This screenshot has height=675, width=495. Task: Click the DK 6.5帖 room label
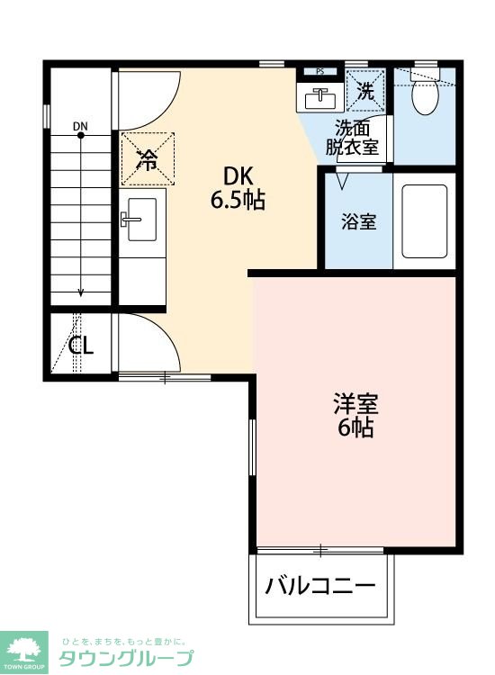238,187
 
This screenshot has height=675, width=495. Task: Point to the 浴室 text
358,221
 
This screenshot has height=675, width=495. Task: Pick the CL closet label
82,345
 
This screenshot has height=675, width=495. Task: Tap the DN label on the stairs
81,125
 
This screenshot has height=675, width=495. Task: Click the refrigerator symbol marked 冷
147,158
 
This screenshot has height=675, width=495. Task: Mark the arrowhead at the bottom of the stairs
81,292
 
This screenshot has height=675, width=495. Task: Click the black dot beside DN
81,135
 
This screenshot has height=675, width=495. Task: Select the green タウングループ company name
125,658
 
